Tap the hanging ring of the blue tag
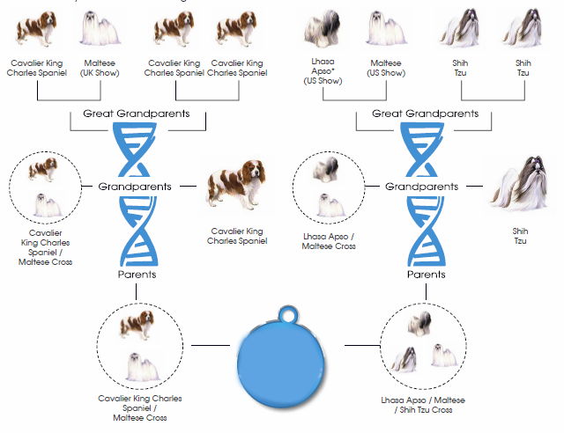288,315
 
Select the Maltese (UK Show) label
100,68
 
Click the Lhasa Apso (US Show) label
323,71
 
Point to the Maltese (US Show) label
386,68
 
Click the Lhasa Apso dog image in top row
322,29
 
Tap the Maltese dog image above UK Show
100,28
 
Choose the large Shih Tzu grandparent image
521,183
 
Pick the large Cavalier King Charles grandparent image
237,186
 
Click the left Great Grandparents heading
137,114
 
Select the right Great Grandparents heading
425,114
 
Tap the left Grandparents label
135,187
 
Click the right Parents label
427,275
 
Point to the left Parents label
137,275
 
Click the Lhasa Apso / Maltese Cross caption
329,241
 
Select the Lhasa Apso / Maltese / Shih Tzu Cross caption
423,405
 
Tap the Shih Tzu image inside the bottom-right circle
404,359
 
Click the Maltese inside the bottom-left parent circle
142,367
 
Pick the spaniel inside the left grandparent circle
43,169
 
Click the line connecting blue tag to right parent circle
362,345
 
